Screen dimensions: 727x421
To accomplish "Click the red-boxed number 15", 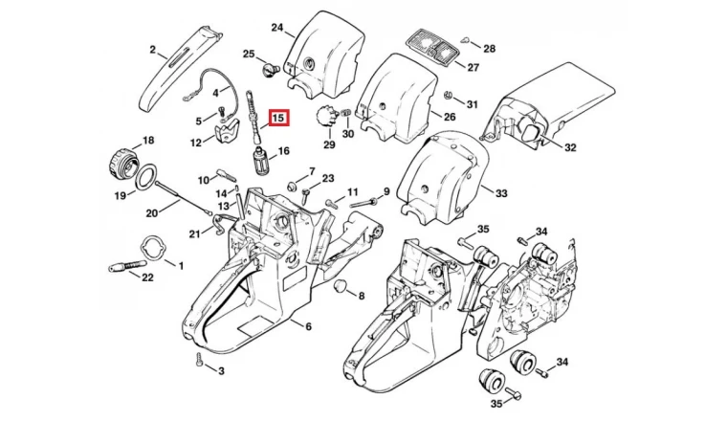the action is pyautogui.click(x=279, y=118).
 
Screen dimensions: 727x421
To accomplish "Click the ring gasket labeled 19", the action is pyautogui.click(x=147, y=177).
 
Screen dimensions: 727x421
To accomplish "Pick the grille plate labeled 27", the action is pyautogui.click(x=432, y=48).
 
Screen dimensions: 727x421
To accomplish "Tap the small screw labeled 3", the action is pyautogui.click(x=199, y=360).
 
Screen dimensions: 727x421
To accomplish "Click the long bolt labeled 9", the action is pyautogui.click(x=363, y=203).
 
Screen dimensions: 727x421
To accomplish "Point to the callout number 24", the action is pyautogui.click(x=276, y=28).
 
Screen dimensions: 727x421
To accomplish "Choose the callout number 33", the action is pyautogui.click(x=501, y=193).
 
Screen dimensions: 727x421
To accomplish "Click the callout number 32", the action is pyautogui.click(x=569, y=147).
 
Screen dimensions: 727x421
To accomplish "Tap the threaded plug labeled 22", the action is pyautogui.click(x=123, y=267).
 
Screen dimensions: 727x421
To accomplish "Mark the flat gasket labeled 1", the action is pyautogui.click(x=153, y=251).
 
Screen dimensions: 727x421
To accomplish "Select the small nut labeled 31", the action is pyautogui.click(x=448, y=95).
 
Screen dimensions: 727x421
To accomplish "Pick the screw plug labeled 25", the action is pyautogui.click(x=269, y=70).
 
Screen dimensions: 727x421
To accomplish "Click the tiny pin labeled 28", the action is pyautogui.click(x=465, y=40).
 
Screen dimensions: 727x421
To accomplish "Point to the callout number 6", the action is pyautogui.click(x=308, y=327).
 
